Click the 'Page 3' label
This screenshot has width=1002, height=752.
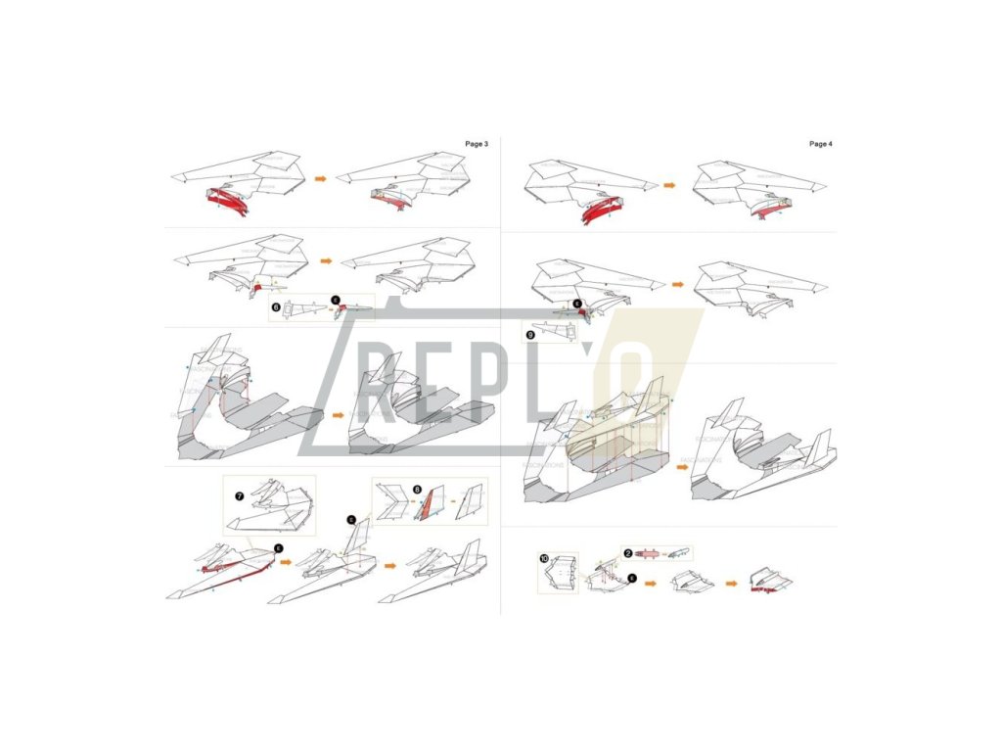tap(477, 144)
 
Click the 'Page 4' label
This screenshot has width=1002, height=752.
tap(820, 144)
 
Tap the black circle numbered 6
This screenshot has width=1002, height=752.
tap(275, 306)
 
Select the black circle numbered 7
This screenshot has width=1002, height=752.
tap(239, 496)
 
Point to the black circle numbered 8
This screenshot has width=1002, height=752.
tap(418, 489)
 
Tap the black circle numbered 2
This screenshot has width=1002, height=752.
tap(628, 553)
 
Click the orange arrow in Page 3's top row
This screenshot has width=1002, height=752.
tap(321, 180)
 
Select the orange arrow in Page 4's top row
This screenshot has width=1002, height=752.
tap(669, 184)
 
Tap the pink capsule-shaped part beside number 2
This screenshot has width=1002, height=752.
tap(650, 553)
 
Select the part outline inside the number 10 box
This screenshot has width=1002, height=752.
tap(558, 576)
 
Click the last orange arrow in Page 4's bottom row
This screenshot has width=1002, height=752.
tap(731, 583)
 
